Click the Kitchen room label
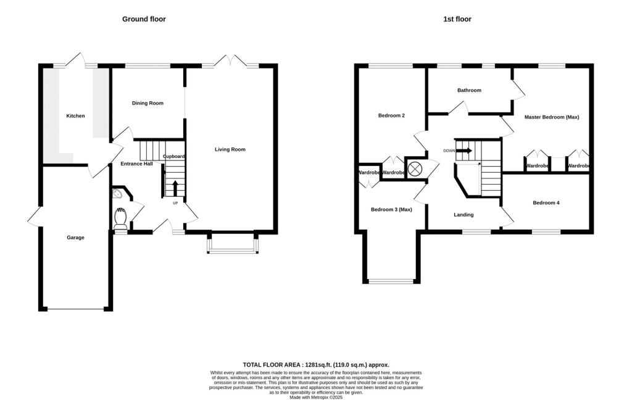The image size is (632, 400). [x=75, y=116]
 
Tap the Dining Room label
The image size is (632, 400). [x=148, y=103]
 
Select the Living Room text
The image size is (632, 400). [x=230, y=149]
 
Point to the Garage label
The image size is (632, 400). [x=75, y=238]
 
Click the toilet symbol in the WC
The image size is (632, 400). [x=120, y=220]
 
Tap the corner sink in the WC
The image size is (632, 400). [x=117, y=194]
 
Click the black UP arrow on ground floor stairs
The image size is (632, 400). [x=175, y=188]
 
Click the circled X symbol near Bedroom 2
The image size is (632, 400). [x=417, y=168]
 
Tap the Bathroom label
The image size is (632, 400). [x=469, y=90]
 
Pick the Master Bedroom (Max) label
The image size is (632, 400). [x=551, y=117]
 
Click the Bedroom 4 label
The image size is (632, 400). [x=546, y=202]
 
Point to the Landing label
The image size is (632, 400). [x=464, y=215]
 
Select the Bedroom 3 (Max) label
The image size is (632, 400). [x=391, y=209]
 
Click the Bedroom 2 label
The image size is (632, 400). [x=391, y=115]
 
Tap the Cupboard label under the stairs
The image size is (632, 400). [x=174, y=156]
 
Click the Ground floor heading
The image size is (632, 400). [x=144, y=19]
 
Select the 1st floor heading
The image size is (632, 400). [x=457, y=19]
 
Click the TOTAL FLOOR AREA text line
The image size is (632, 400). [x=315, y=365]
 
